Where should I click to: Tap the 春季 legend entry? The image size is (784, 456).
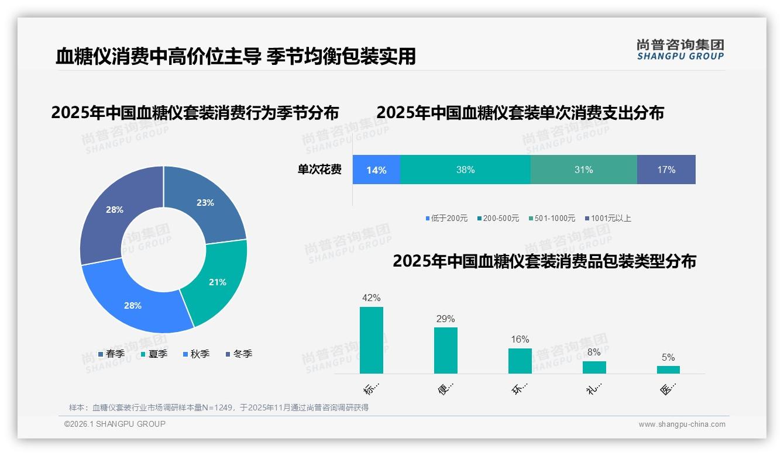(111, 354)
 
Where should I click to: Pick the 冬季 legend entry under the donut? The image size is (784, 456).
(239, 354)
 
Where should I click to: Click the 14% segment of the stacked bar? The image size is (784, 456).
(376, 170)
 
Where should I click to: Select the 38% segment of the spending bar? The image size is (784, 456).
(465, 170)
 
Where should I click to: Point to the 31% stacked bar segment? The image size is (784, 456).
(583, 170)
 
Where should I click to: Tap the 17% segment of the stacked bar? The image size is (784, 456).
(666, 170)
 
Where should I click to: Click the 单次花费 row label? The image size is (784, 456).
(319, 170)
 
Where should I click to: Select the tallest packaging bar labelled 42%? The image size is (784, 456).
(372, 340)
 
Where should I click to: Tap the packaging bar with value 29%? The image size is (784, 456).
(446, 350)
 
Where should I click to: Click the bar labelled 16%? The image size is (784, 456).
(520, 361)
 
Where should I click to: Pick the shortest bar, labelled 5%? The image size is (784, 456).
(668, 369)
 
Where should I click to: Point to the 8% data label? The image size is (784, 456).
(594, 353)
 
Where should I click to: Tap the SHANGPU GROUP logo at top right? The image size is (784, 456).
(680, 50)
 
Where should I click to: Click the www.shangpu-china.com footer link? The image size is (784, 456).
(682, 424)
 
